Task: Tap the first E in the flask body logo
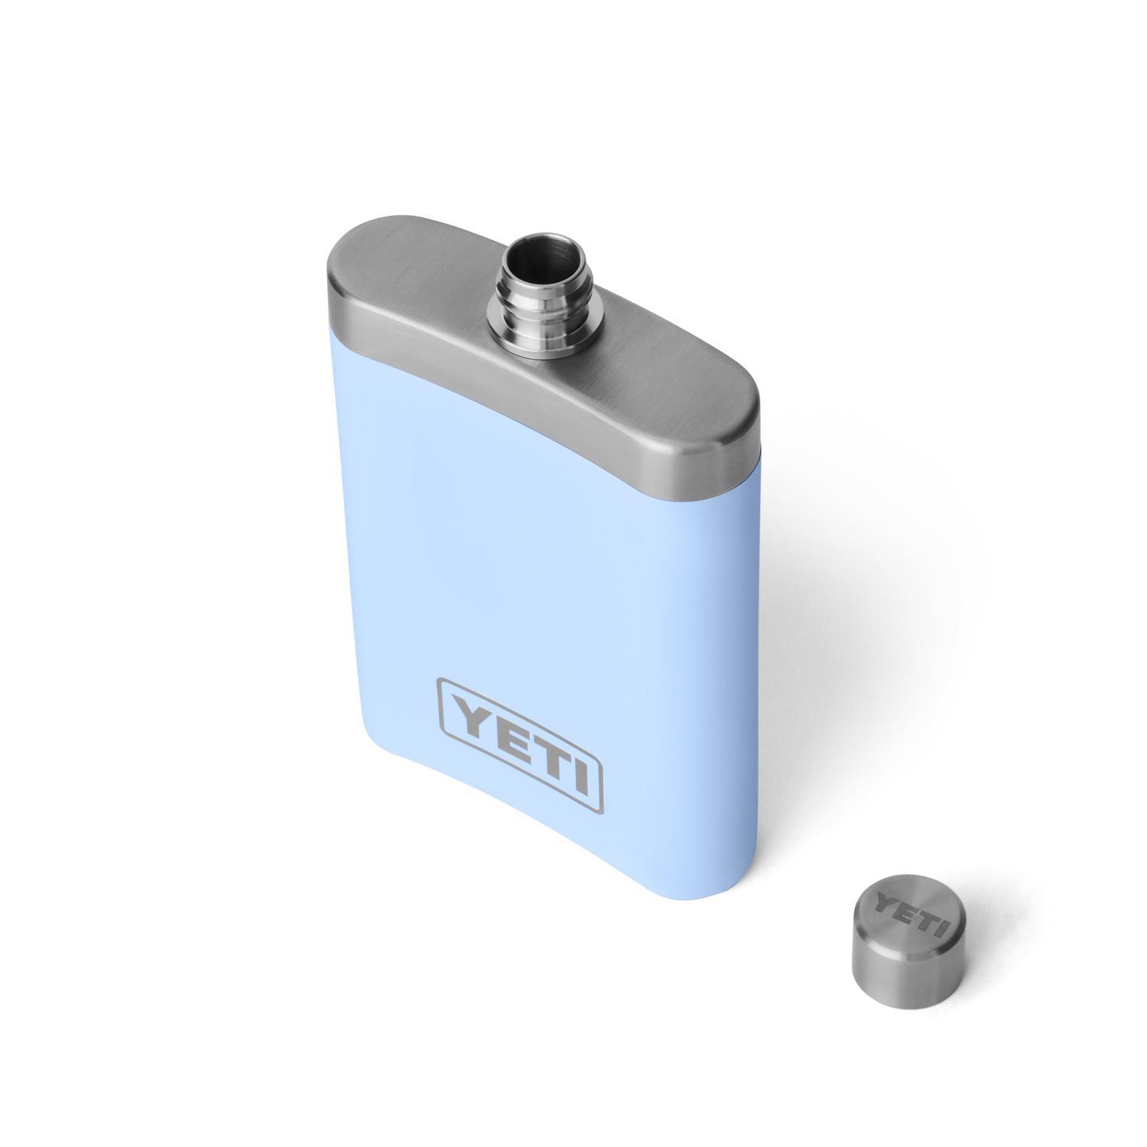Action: tap(505, 735)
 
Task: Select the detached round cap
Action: tap(902, 942)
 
